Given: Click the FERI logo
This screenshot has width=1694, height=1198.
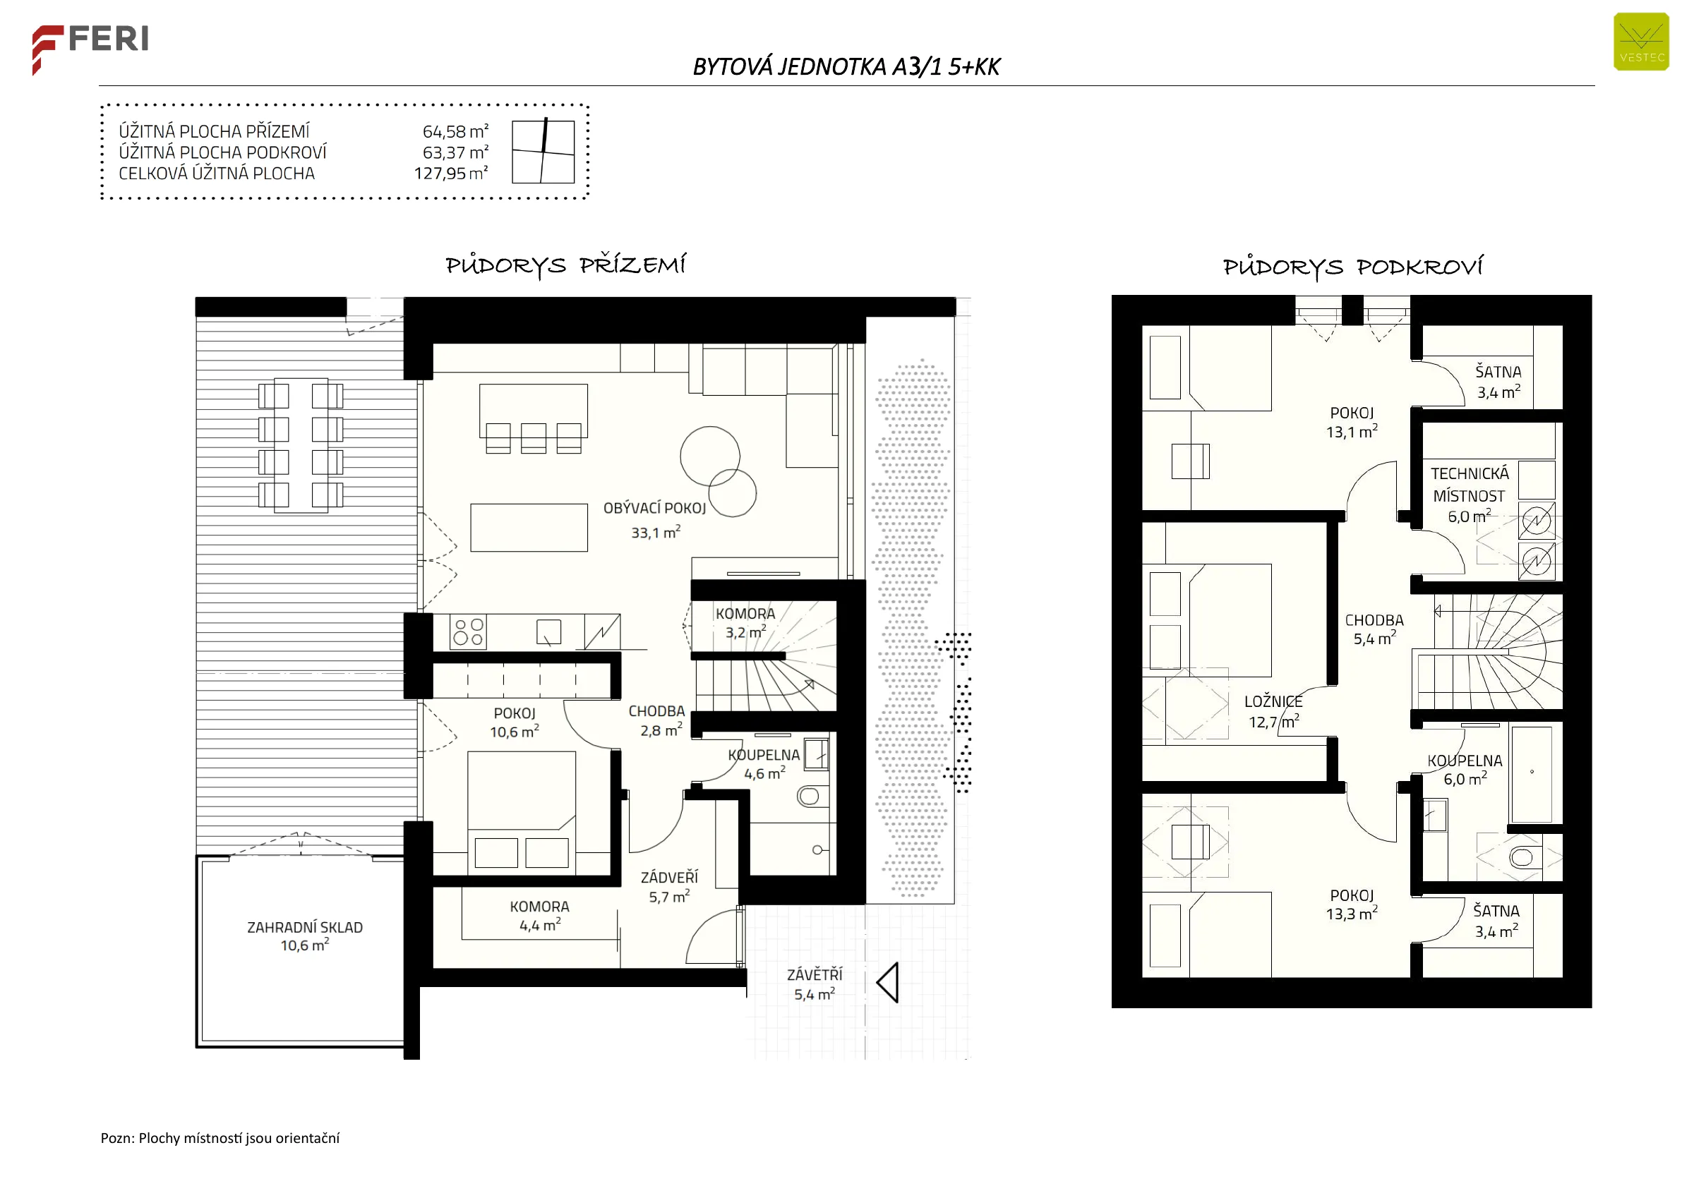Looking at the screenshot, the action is (x=90, y=49).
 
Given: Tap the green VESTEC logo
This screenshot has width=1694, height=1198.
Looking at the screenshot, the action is (x=1641, y=42).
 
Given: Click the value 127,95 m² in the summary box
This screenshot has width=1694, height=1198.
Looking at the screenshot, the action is (x=451, y=174).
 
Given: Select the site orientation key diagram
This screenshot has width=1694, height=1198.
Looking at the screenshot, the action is (x=543, y=150).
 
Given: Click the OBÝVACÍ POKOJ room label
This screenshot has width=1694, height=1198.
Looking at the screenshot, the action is (x=654, y=508).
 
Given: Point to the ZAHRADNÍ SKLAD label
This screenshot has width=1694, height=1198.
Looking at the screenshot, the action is (x=305, y=927).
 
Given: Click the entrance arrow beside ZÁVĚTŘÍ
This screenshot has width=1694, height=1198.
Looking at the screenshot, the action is (x=887, y=983).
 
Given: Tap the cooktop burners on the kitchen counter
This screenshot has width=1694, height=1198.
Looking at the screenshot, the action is (x=469, y=632).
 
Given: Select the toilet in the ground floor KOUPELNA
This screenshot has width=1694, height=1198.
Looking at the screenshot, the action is (x=809, y=796).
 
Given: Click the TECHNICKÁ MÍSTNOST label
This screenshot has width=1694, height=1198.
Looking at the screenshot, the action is (x=1469, y=485).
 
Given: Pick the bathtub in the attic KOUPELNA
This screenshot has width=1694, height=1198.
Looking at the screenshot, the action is (x=1532, y=774).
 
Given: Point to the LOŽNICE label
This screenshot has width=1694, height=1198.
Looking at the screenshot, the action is (x=1273, y=701).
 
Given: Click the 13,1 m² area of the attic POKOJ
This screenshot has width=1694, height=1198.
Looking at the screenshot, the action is (x=1352, y=432).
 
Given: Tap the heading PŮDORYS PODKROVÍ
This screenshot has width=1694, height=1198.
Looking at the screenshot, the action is (x=1352, y=267).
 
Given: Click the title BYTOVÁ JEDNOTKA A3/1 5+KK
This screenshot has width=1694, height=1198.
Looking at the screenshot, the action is (x=846, y=67).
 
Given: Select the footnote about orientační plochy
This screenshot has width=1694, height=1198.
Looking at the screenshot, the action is (x=220, y=1137).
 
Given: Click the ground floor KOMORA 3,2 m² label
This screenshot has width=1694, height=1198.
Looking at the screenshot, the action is (x=745, y=622).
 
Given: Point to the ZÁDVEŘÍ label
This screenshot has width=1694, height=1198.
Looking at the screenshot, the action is (x=669, y=877).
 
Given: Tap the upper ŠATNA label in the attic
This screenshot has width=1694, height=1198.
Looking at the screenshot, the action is (x=1498, y=372).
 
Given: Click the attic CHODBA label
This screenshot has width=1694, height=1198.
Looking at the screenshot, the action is (x=1374, y=620).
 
